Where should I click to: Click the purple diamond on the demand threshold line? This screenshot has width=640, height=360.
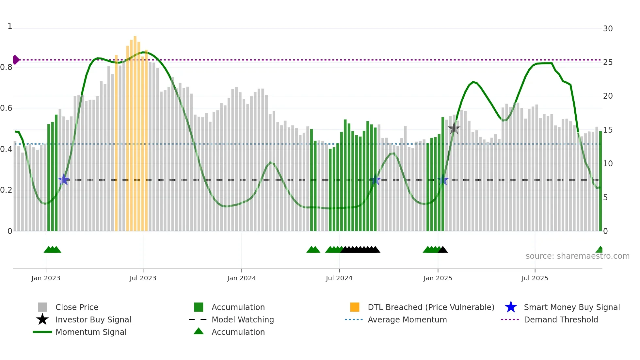point(16,60)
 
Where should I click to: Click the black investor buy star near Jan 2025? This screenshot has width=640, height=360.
point(454,128)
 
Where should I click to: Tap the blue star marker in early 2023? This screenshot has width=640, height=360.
point(64,179)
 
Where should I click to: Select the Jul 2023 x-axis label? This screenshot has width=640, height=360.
point(143,278)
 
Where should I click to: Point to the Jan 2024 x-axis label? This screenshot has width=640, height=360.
point(241,278)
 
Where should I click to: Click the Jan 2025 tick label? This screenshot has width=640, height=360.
point(438,278)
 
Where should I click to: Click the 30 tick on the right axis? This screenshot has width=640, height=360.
point(608,29)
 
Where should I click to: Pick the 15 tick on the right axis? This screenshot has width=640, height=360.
point(608,130)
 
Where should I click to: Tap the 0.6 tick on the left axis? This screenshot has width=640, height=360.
point(7,108)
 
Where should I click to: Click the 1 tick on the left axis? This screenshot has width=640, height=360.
point(10,26)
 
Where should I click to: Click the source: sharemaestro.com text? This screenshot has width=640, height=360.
point(577,256)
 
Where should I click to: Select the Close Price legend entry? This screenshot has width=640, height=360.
point(77,307)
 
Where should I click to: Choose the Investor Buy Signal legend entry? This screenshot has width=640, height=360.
point(93,319)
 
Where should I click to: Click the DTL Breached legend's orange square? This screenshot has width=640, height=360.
point(355,307)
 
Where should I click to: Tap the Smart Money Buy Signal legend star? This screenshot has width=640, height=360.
point(511,307)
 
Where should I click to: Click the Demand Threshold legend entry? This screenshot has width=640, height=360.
point(561,319)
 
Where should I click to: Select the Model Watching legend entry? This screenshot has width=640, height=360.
point(243,319)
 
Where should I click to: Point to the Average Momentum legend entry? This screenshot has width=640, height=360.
point(407,319)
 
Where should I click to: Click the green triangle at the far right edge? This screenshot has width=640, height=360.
point(600,250)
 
